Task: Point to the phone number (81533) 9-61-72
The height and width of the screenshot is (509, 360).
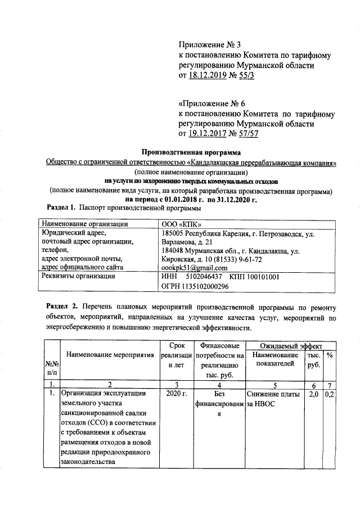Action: (x=235, y=259)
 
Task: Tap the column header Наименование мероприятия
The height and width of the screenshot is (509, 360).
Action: (x=110, y=355)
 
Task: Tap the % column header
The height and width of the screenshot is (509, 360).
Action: (x=330, y=355)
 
